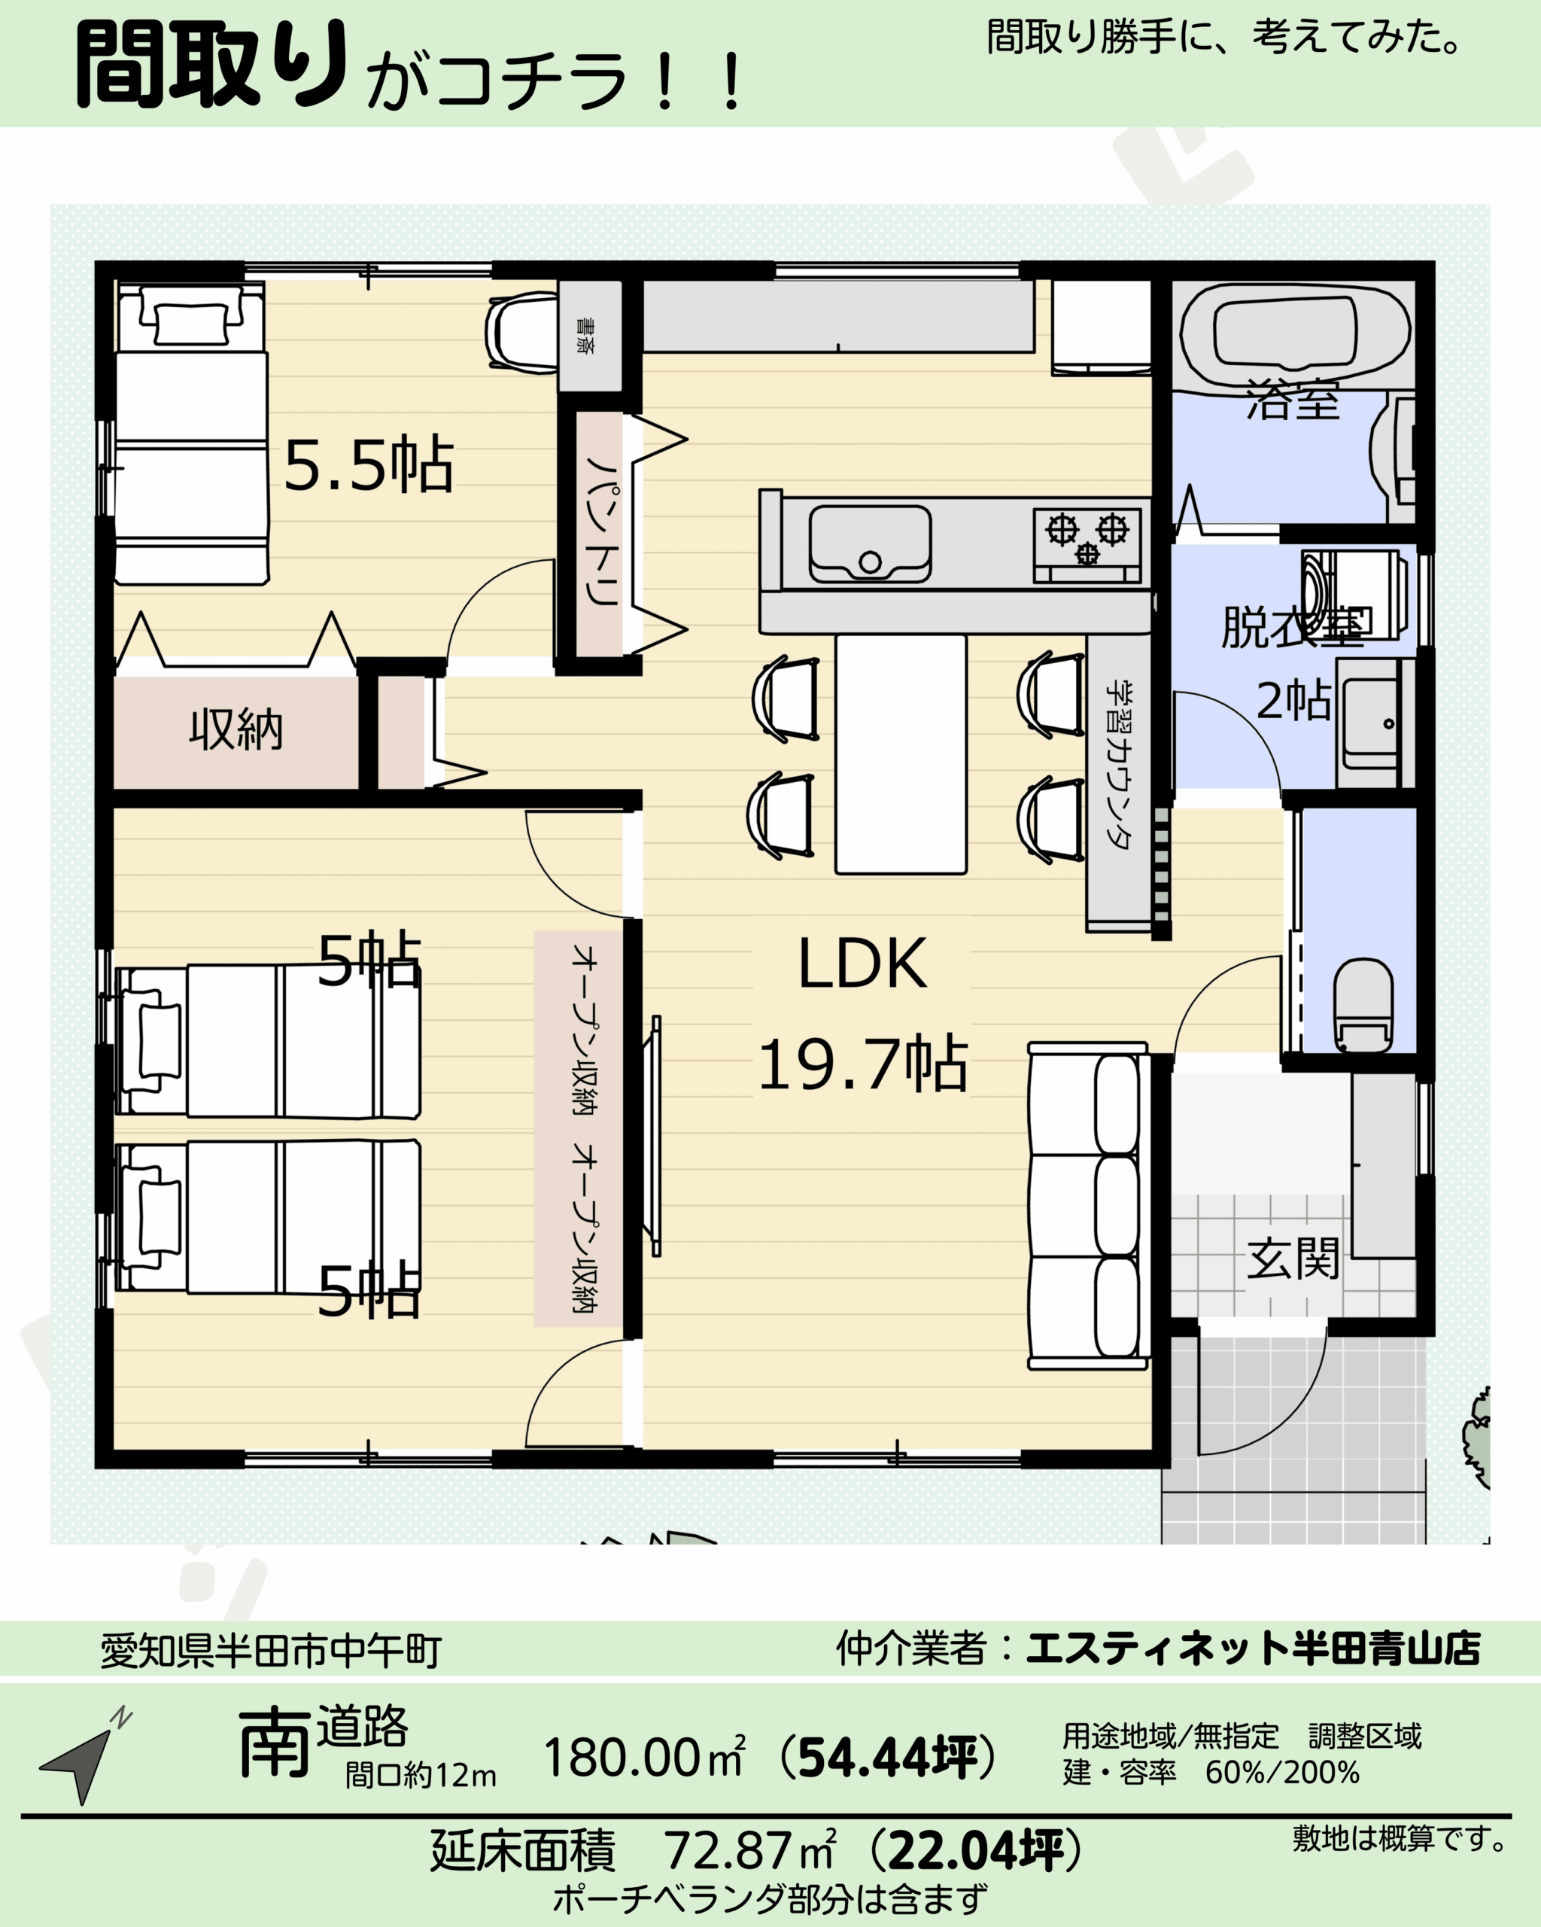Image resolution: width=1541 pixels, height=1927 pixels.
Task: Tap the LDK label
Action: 863,963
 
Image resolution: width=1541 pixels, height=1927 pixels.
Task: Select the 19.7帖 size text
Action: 863,1064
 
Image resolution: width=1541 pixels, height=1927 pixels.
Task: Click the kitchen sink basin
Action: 870,544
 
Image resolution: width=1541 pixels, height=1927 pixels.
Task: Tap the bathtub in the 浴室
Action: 1294,334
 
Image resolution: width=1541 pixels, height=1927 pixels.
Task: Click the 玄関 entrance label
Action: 1293,1259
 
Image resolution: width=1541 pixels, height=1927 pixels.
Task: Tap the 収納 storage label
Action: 236,729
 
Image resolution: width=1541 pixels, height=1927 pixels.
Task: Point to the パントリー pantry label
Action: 602,531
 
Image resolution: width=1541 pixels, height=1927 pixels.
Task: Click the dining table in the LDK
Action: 901,753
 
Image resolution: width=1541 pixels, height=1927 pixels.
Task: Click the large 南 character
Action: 273,1742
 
